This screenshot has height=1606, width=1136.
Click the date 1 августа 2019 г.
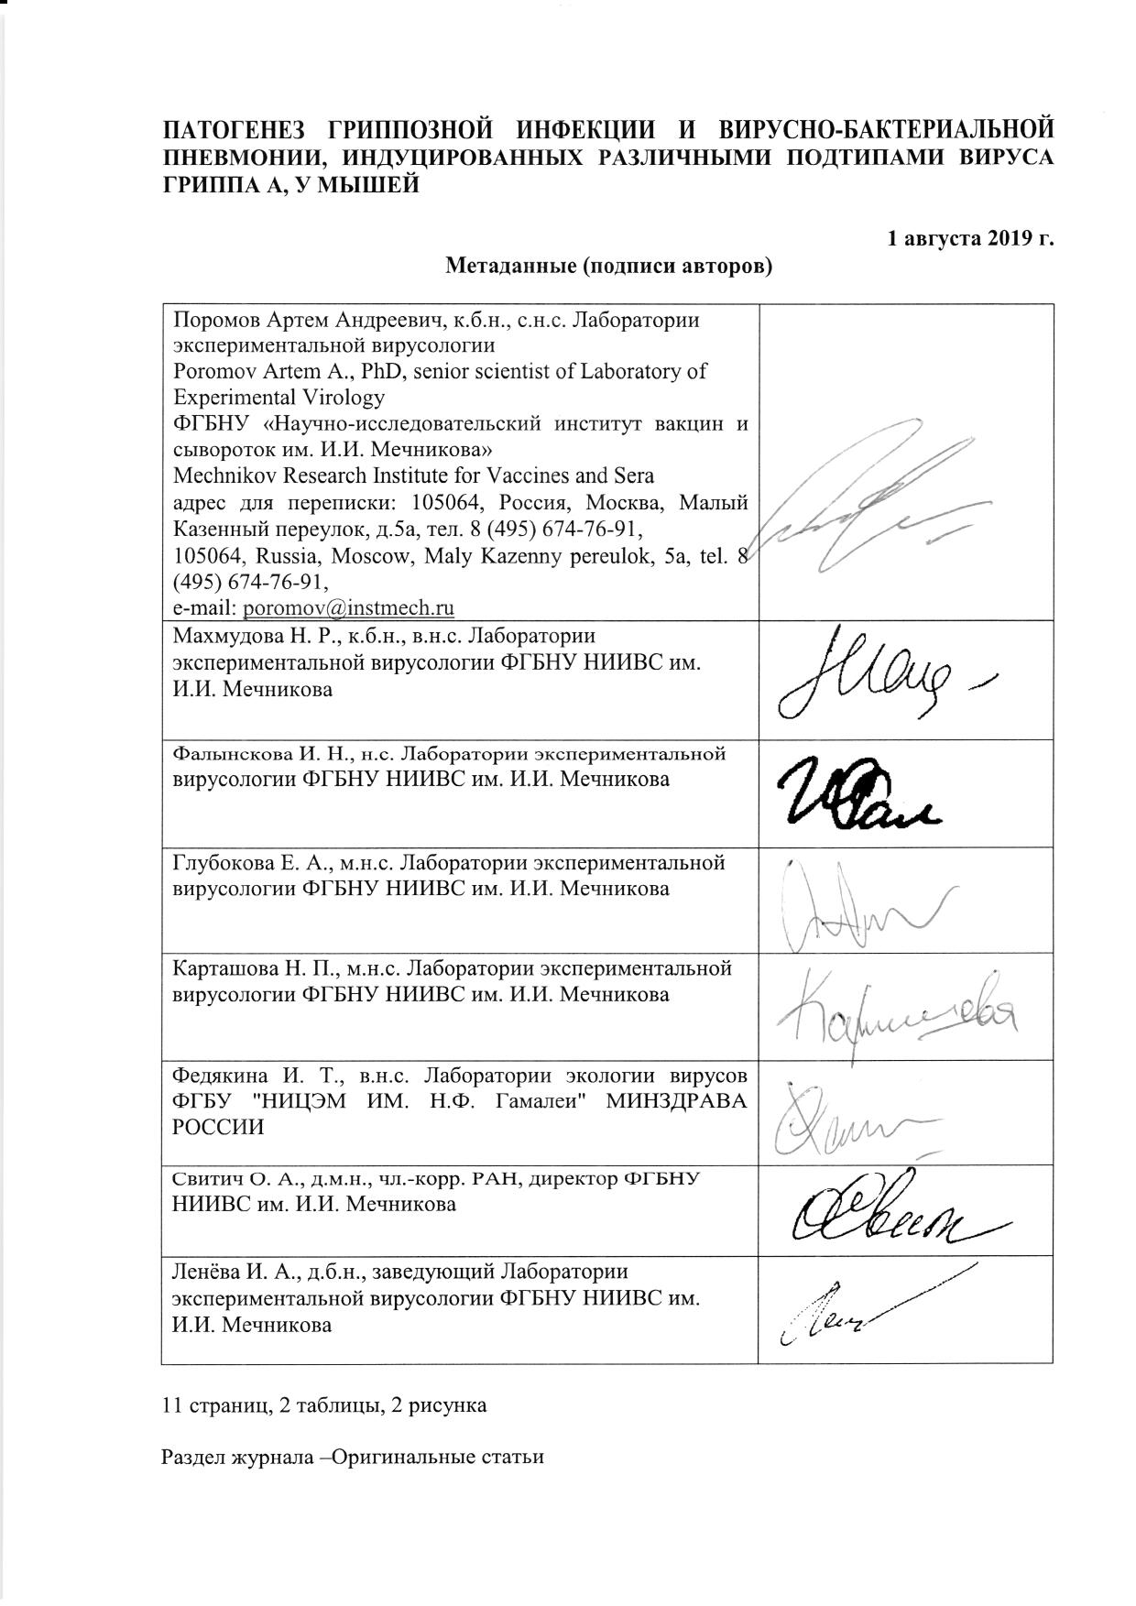point(970,239)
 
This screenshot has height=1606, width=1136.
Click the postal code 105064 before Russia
point(202,556)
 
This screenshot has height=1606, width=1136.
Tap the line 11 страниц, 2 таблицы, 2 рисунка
point(323,1404)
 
